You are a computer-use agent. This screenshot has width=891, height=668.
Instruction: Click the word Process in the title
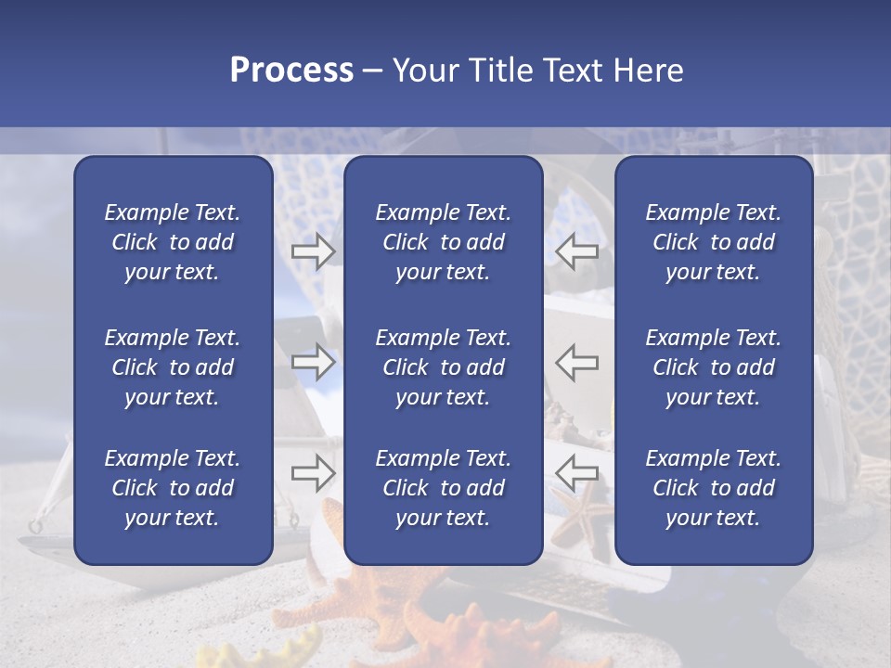(291, 71)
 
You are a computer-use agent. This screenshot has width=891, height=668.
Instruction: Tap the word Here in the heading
(649, 71)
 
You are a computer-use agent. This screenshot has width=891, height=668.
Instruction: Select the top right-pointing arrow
(313, 250)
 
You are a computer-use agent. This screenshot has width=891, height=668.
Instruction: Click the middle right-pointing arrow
(313, 361)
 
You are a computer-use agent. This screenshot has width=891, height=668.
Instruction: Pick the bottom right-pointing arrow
(313, 473)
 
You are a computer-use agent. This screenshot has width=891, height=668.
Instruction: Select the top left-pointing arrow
(576, 250)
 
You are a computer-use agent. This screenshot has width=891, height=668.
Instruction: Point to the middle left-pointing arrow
(576, 361)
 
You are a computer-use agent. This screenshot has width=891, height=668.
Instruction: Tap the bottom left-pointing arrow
(576, 473)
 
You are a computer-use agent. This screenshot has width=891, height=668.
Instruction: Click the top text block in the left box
(173, 242)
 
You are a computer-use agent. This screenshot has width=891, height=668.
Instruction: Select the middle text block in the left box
(173, 367)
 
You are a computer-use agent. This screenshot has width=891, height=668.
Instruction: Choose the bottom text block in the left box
(173, 488)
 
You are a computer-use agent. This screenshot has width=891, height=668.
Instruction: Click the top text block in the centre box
(443, 242)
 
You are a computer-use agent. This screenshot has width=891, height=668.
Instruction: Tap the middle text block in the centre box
(443, 367)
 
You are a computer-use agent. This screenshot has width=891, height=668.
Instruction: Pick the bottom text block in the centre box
(443, 488)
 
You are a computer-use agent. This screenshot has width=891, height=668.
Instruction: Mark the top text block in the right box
(713, 242)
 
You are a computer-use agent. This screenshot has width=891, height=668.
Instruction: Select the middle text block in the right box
(713, 367)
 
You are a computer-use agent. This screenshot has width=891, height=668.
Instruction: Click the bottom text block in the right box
(713, 488)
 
